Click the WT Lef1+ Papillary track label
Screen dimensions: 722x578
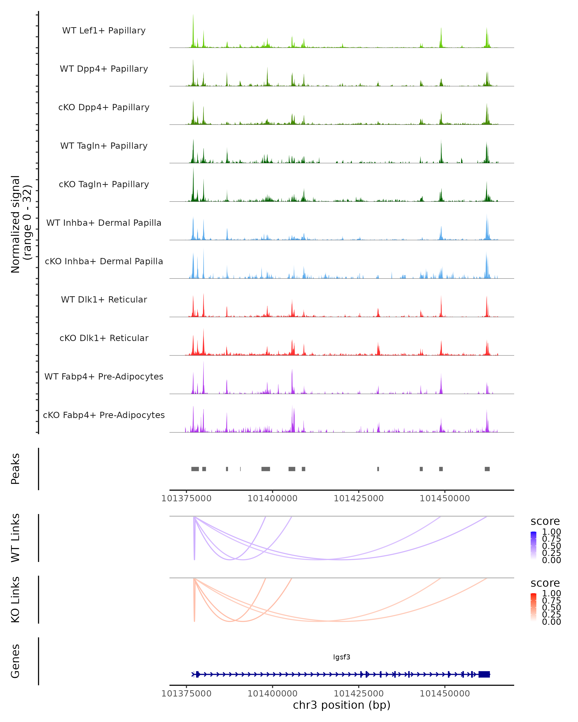(x=104, y=31)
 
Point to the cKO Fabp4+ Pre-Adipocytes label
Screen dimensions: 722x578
(x=104, y=415)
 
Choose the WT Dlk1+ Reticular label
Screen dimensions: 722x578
(x=104, y=299)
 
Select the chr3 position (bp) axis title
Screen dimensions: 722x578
(x=342, y=705)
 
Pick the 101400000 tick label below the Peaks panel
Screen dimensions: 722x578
(x=272, y=498)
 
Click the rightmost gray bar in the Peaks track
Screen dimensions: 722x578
(x=487, y=469)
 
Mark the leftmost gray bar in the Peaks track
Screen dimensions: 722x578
(x=195, y=469)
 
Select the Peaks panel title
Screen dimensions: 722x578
(x=15, y=469)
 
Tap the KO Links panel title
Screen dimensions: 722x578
(x=15, y=600)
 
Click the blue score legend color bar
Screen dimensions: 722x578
(x=533, y=546)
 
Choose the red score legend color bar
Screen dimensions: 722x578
(x=533, y=607)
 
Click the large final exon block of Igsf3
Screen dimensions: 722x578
(x=484, y=674)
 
